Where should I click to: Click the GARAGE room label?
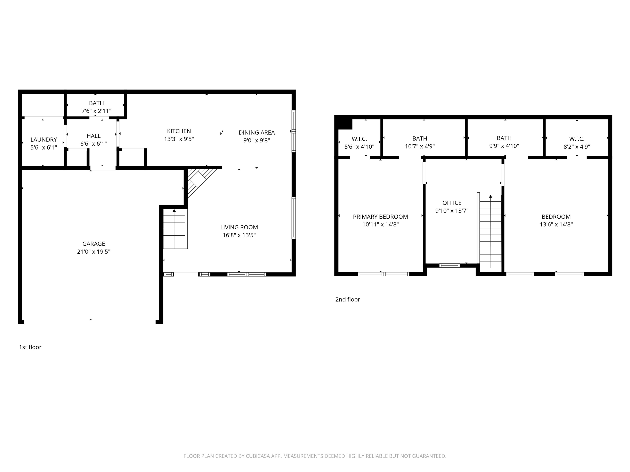(x=94, y=244)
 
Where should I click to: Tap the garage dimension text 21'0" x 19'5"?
(x=94, y=252)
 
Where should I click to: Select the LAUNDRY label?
(x=43, y=140)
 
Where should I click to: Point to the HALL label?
(x=94, y=136)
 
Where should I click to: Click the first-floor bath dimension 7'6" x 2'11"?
(x=96, y=111)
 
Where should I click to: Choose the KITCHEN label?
(x=179, y=131)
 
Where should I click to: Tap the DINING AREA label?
(x=257, y=133)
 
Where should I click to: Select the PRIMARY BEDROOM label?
(x=380, y=217)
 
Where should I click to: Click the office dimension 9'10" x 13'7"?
(x=452, y=211)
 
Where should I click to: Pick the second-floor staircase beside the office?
(x=490, y=233)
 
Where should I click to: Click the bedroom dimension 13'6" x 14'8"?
(x=556, y=225)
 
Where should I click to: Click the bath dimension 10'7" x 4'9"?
(x=420, y=146)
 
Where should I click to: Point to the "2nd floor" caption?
(x=347, y=300)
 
